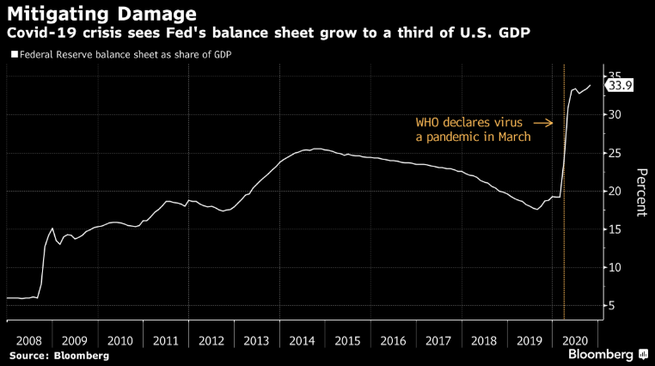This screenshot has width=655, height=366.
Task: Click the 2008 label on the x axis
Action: tap(29, 339)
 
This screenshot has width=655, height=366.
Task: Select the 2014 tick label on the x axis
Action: tap(301, 339)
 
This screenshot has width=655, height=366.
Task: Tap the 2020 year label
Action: tap(573, 339)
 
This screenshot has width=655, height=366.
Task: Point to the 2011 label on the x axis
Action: tap(165, 339)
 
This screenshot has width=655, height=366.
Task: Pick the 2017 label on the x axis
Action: tap(438, 339)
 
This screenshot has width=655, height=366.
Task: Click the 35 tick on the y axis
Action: tap(615, 76)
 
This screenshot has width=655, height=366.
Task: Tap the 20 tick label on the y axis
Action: tap(615, 191)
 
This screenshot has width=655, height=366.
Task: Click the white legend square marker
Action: tap(13, 54)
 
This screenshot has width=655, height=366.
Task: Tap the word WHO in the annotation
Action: tap(428, 122)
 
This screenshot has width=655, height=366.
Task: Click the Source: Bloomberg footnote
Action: tap(59, 355)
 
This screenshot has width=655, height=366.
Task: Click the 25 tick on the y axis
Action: tap(615, 153)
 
